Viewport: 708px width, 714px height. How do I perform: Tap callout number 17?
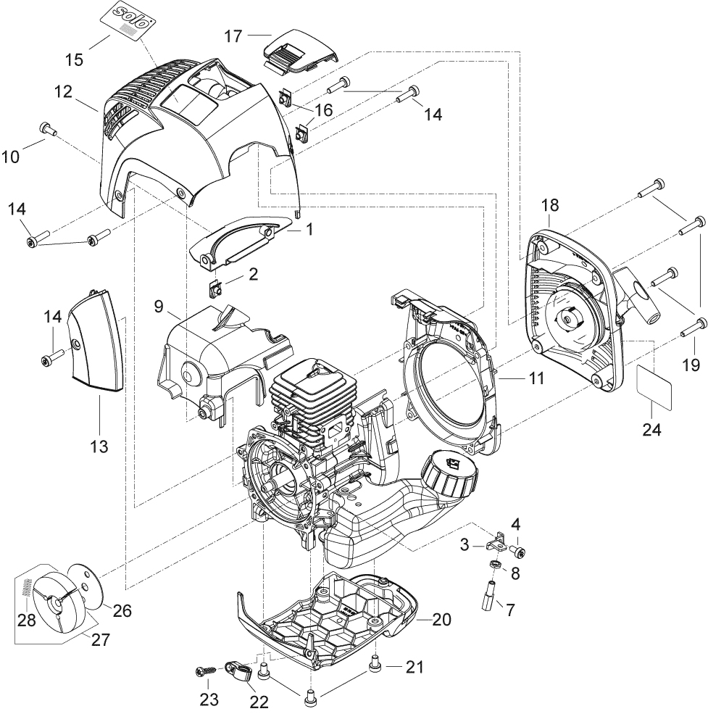point(233,36)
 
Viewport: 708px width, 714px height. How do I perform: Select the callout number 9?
point(159,306)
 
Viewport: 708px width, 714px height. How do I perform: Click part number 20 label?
point(441,619)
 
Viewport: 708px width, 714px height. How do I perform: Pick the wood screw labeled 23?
point(207,671)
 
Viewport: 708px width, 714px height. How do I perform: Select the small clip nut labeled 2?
point(215,288)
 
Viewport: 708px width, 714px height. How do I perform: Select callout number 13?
point(99,446)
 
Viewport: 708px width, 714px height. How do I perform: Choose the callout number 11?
point(536,378)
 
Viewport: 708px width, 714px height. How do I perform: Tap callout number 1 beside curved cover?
point(309,229)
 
